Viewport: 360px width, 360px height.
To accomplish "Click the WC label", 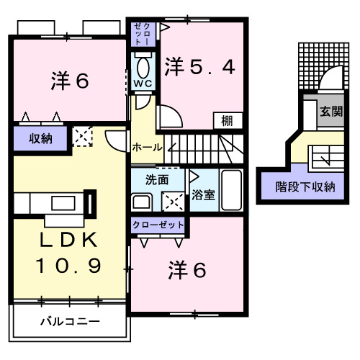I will (x=140, y=83).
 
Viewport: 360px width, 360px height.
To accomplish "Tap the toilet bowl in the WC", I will (x=142, y=67).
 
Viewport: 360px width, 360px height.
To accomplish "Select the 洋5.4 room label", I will (x=199, y=68).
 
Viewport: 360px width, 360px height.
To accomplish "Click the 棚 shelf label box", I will (x=226, y=121).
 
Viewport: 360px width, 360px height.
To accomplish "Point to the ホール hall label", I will (x=146, y=147).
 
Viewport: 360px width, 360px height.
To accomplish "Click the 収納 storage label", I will (x=40, y=138).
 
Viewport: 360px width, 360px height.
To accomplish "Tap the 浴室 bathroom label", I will (x=202, y=195).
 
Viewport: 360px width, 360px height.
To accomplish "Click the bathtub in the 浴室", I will (x=230, y=191).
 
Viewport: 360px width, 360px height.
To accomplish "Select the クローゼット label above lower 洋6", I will (x=158, y=225).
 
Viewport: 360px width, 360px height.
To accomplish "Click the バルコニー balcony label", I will (x=69, y=320).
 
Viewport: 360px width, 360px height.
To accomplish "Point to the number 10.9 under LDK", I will (x=69, y=266).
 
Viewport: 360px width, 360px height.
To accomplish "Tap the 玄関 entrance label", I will (x=330, y=112).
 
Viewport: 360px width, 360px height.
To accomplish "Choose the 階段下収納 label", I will (x=306, y=186).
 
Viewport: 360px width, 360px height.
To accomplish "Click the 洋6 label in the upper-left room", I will (x=70, y=81).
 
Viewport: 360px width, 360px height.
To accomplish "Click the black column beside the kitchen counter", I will (x=91, y=202).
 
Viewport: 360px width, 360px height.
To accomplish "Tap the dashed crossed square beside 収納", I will (x=82, y=136).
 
